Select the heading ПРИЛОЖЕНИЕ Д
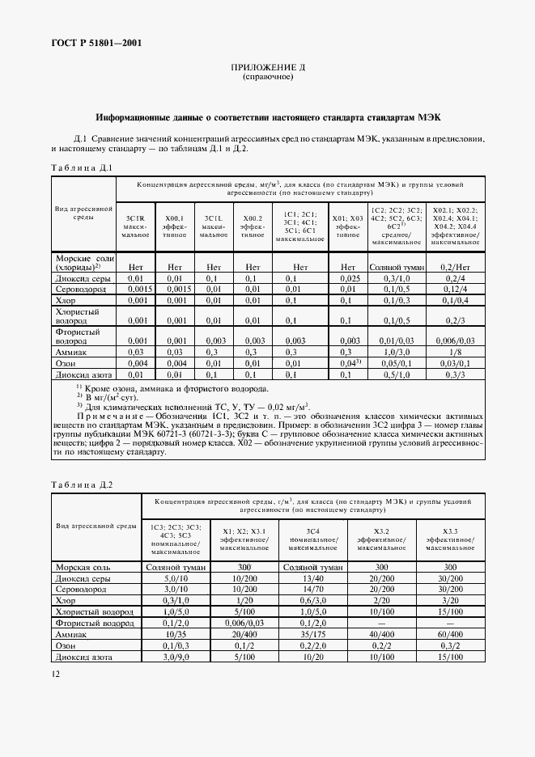[267, 70]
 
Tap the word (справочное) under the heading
[267, 78]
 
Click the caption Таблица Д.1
[80, 167]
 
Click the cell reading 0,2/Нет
[456, 266]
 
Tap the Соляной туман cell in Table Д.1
[396, 266]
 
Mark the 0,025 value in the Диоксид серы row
[348, 277]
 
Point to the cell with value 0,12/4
[456, 289]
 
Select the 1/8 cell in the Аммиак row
[456, 353]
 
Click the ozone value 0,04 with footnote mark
[349, 364]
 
